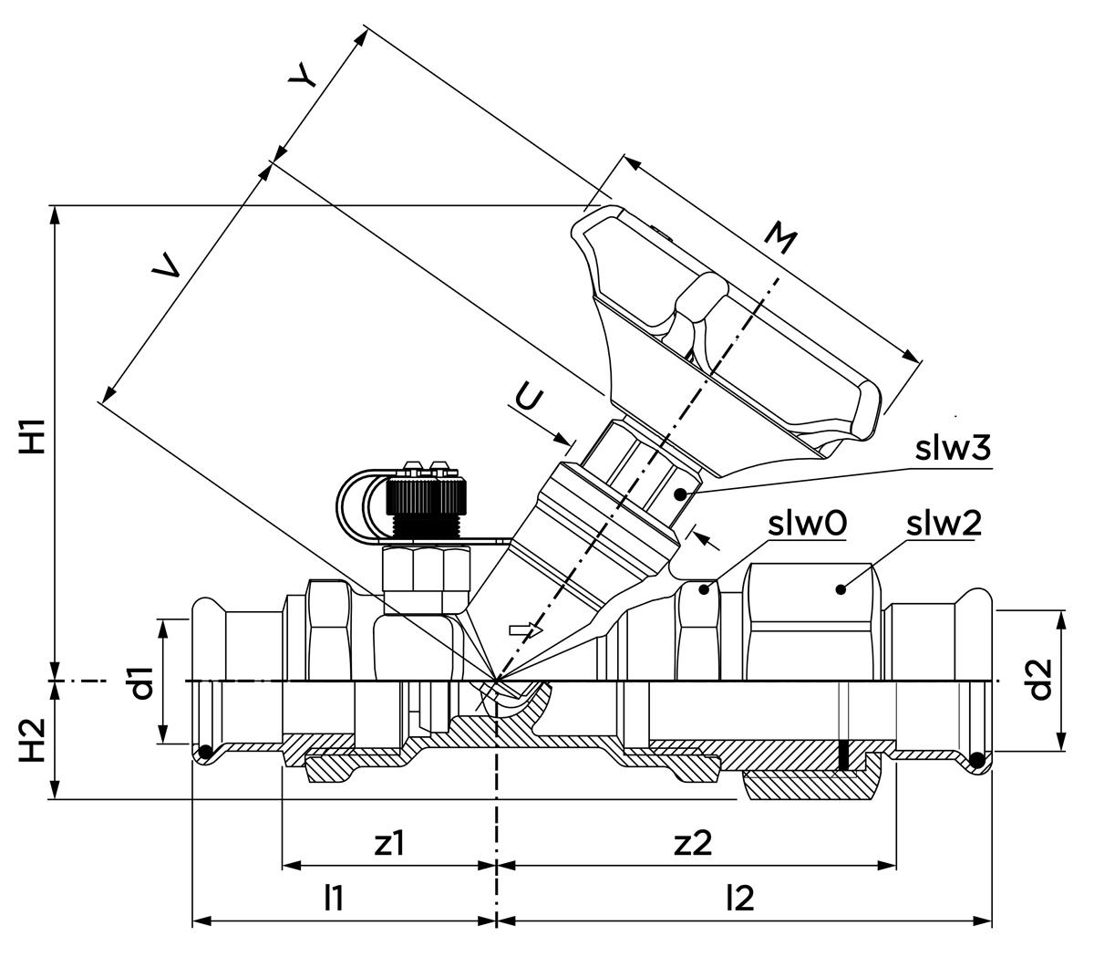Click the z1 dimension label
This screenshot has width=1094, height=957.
click(390, 844)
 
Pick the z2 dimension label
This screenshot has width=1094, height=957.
click(693, 844)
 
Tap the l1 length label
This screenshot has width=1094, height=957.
click(335, 899)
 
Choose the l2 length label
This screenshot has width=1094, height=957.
click(740, 899)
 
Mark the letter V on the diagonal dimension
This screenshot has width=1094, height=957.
click(166, 265)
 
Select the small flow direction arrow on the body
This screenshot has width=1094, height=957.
click(526, 629)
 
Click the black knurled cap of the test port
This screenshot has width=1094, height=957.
click(425, 498)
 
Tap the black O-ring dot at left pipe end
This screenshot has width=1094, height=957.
click(206, 752)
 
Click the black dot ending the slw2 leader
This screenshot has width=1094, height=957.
click(840, 589)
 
